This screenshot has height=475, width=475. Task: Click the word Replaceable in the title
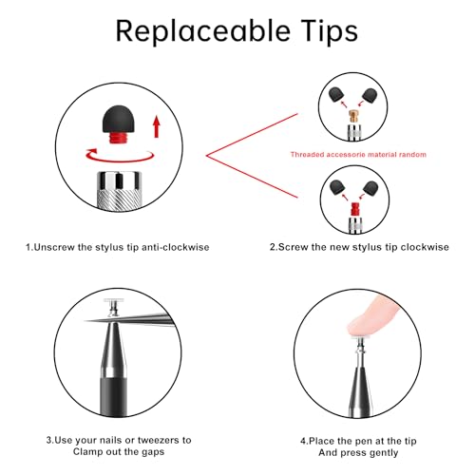pos(203,30)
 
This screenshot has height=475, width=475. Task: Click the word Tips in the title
pos(330,30)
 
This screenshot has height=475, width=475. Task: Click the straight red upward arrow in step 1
pos(156,126)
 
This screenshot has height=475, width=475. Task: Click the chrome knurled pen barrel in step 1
pos(119,191)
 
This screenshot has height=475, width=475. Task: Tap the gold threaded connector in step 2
pos(353,116)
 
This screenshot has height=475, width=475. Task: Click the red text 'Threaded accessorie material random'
pos(358,155)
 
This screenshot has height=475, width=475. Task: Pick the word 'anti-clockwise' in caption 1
pos(175,247)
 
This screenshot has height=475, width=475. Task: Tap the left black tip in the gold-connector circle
pos(336,95)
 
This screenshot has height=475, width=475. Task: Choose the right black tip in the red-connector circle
pos(370,187)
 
